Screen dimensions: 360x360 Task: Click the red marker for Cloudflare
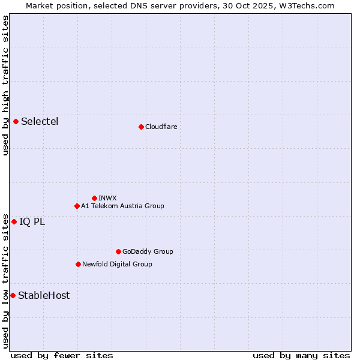coord(141,127)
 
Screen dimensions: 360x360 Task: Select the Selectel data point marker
coord(16,121)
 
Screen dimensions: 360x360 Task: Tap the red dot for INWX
coord(94,198)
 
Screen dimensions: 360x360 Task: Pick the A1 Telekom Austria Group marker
coord(77,206)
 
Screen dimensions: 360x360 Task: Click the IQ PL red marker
coord(14,221)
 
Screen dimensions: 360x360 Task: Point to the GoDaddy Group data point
coord(118,251)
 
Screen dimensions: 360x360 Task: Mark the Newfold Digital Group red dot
coord(78,264)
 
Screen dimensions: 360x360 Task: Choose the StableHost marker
coord(13,295)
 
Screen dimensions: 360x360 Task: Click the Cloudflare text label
coord(161,127)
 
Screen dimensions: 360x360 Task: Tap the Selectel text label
coord(40,121)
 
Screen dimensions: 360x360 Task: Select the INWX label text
coord(107,198)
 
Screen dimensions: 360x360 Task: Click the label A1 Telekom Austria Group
coord(122,206)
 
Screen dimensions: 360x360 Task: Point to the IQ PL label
coord(32,221)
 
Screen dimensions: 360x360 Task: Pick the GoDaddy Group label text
coord(148,251)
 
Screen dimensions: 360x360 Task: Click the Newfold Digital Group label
coord(117,264)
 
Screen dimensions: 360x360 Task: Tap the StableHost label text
coord(44,295)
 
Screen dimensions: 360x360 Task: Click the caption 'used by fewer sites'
coord(62,355)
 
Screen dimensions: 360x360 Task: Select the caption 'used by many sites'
coord(301,355)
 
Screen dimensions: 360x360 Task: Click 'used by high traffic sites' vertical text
coord(5,85)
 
